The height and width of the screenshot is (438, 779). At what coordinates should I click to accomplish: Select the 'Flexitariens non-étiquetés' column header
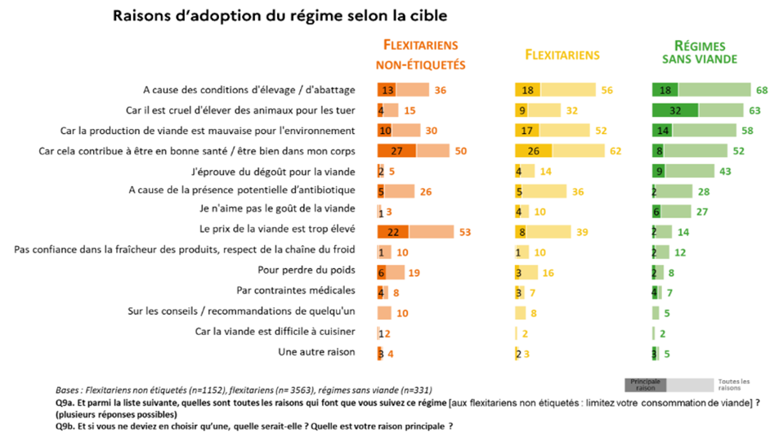(x=420, y=55)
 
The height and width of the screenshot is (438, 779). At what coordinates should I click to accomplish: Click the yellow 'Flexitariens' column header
(x=562, y=55)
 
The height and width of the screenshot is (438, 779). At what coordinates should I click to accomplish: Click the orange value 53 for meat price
(x=464, y=231)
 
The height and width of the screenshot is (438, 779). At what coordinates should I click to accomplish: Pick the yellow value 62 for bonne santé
(x=616, y=150)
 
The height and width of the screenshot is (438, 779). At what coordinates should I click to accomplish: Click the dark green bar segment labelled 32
(x=675, y=109)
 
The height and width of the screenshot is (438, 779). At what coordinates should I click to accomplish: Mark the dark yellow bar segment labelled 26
(x=533, y=150)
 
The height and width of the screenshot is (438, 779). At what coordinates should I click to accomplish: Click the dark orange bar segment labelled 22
(x=393, y=231)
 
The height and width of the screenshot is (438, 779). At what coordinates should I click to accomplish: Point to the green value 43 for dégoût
(x=725, y=170)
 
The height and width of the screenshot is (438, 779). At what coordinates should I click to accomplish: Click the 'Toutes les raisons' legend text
(x=733, y=384)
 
